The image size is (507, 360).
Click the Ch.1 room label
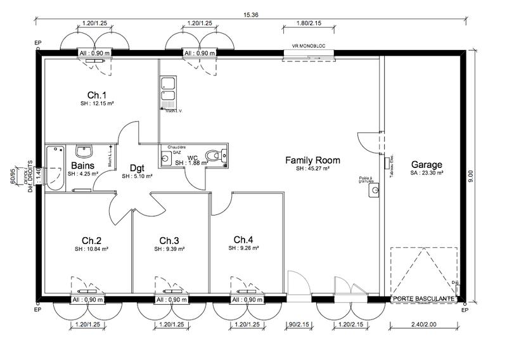[x=97, y=94]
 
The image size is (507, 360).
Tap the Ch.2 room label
[x=92, y=240]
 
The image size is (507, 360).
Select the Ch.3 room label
[x=169, y=240]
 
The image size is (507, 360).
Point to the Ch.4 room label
[x=243, y=239]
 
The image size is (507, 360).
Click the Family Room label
[x=312, y=160]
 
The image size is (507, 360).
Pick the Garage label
[x=427, y=164]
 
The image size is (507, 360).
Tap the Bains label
[x=83, y=165]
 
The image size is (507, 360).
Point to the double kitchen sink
[x=168, y=91]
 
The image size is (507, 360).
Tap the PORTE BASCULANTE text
[x=423, y=298]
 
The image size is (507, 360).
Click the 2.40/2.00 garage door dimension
[x=424, y=324]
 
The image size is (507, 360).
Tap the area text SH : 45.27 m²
[x=312, y=169]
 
